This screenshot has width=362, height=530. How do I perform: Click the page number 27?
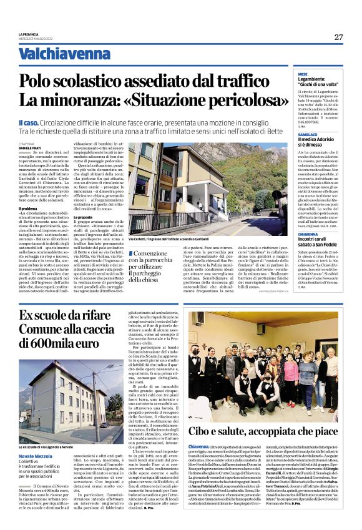point(338,37)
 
